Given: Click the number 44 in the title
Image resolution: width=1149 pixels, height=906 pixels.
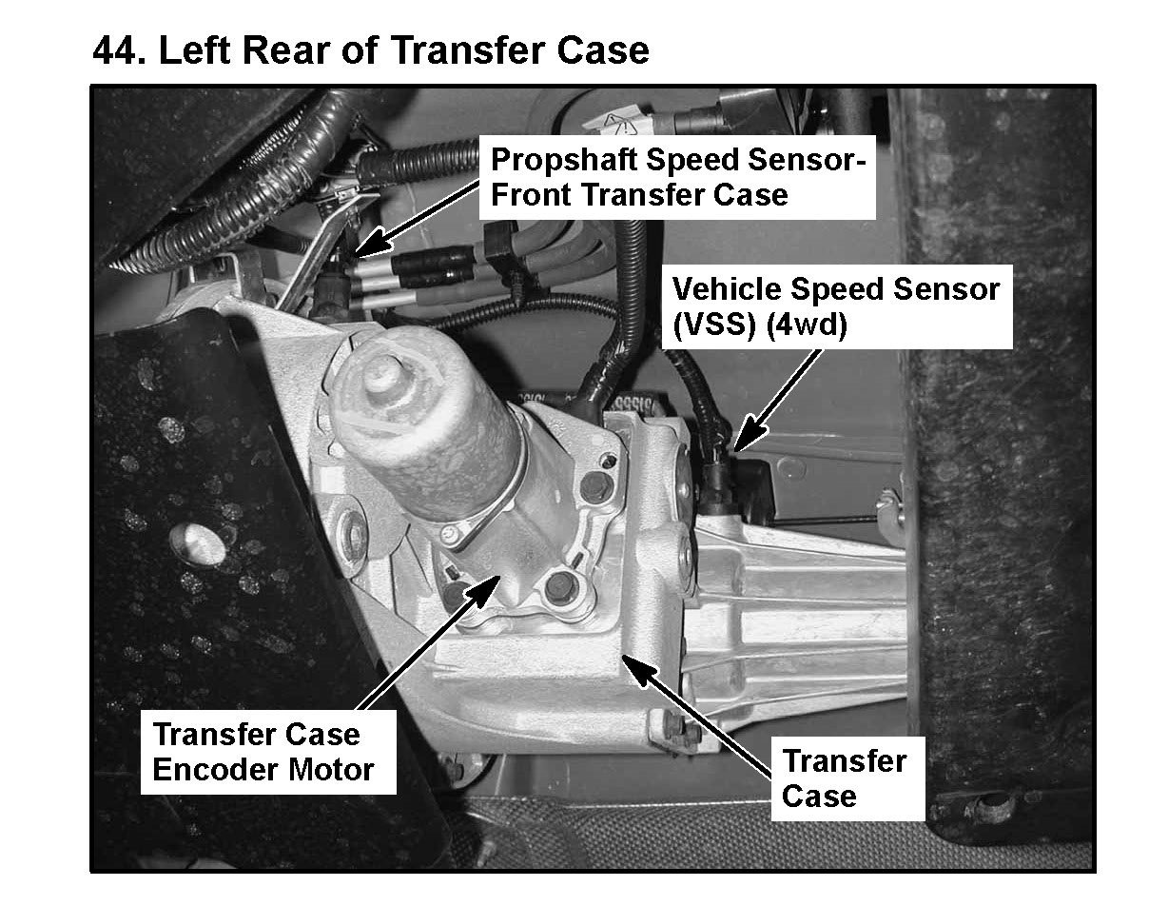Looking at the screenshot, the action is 119,50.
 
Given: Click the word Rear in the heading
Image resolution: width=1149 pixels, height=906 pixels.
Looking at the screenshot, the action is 288,50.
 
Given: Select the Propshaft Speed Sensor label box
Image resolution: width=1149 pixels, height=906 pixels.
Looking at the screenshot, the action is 677,177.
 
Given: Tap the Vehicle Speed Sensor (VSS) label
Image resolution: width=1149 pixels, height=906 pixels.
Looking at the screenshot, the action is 837,306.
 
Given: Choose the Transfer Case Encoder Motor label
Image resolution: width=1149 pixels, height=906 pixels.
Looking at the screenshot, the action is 268,752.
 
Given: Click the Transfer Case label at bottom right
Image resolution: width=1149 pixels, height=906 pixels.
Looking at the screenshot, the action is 847,778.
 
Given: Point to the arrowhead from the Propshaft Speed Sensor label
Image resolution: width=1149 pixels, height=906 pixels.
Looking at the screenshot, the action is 371,242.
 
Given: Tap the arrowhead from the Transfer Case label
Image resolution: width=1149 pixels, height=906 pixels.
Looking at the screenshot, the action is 639,670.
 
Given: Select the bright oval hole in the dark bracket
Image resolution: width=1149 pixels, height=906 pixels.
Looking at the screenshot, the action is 198,543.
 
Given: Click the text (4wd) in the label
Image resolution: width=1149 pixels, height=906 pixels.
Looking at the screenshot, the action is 807,325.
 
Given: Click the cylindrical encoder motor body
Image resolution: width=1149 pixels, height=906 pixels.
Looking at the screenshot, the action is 427,427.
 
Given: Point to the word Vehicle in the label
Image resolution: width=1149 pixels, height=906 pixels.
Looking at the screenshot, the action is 727,289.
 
